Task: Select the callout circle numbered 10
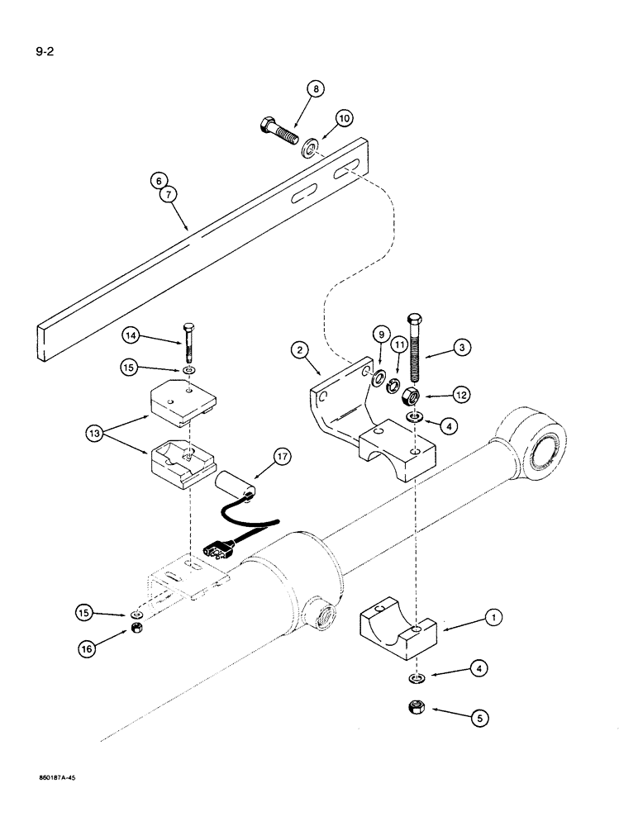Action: tap(345, 119)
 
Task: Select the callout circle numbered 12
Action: tap(461, 396)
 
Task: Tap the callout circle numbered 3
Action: tap(464, 349)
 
